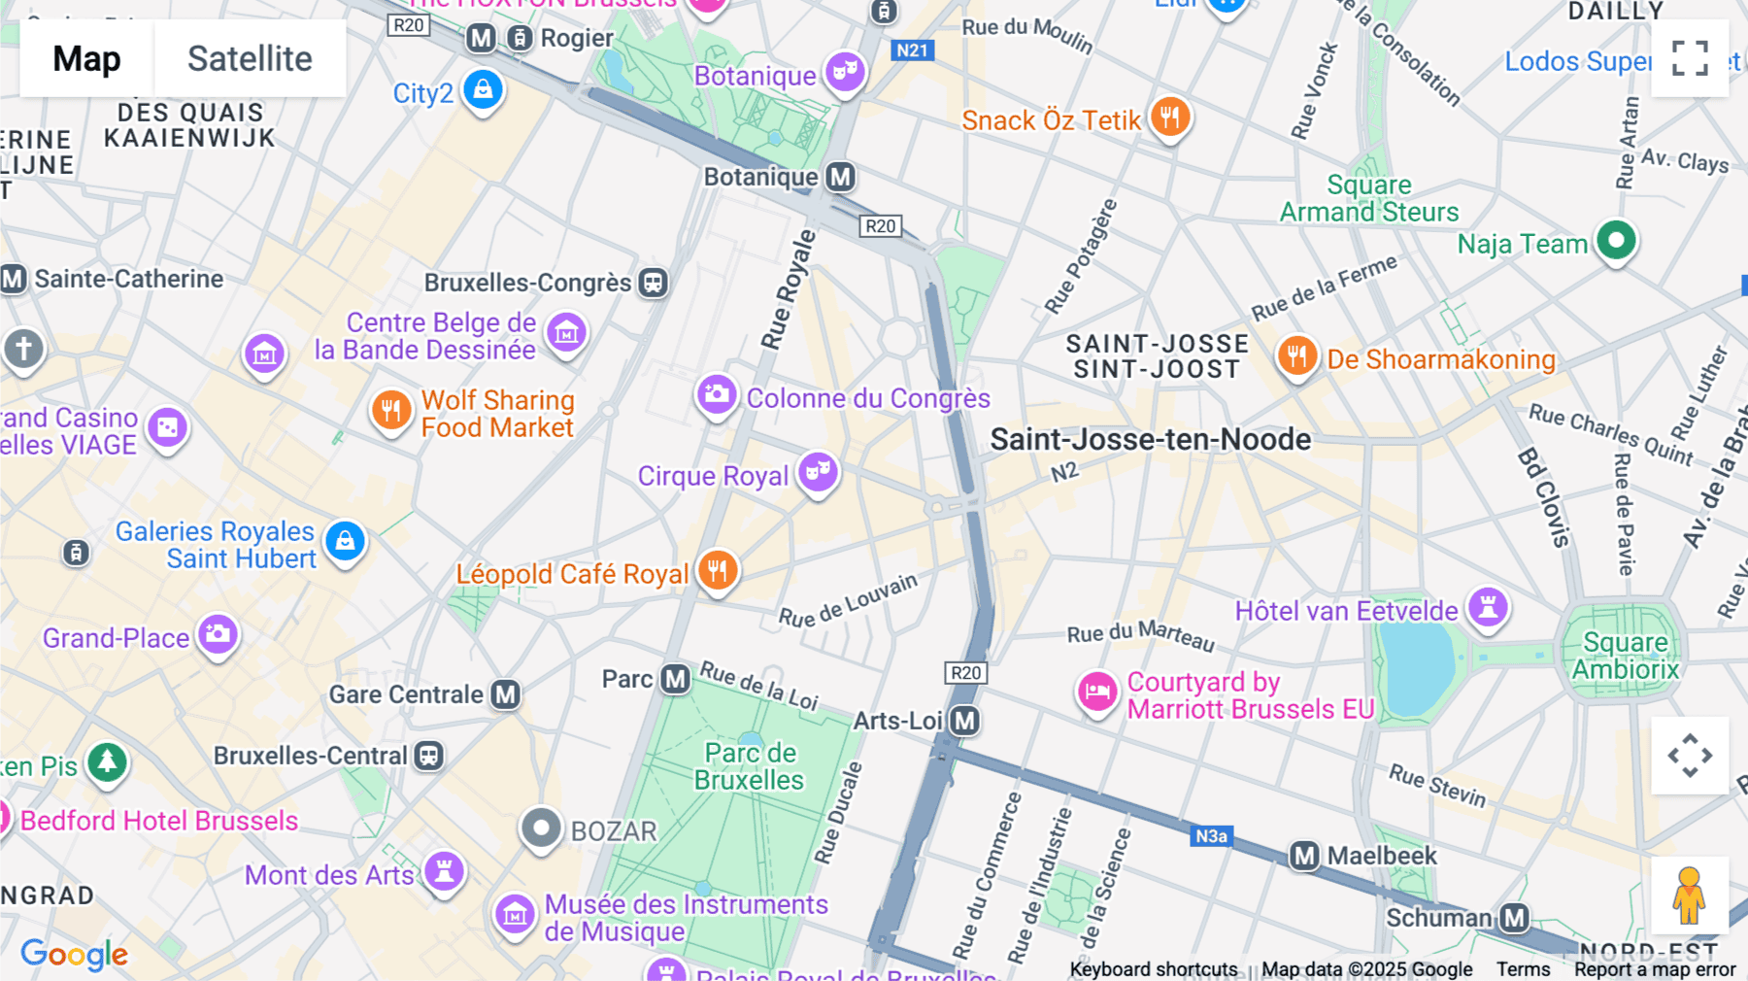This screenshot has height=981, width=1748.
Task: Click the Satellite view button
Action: click(250, 58)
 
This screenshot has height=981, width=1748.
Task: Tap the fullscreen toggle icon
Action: click(1690, 58)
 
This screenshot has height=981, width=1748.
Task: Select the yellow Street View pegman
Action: click(1689, 896)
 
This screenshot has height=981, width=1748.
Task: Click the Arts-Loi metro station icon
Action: click(964, 721)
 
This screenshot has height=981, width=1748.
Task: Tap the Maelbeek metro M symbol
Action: click(1304, 856)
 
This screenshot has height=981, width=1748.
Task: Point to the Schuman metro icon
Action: click(1514, 918)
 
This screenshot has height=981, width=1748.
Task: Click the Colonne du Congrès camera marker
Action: click(717, 394)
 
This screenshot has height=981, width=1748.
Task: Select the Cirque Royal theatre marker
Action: click(818, 472)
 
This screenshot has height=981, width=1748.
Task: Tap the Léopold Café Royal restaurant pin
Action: click(718, 570)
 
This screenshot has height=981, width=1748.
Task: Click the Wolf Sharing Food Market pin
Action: click(390, 410)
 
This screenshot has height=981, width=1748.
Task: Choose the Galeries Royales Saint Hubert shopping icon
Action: click(345, 541)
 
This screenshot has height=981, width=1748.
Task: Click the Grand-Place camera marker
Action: click(218, 634)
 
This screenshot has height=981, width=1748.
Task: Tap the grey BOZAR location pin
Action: click(541, 829)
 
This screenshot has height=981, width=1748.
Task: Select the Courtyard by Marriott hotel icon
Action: click(1097, 692)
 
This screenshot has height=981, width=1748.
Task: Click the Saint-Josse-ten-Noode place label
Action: click(1150, 439)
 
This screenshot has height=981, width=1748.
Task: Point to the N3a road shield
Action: click(1211, 836)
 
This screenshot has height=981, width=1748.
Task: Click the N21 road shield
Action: click(912, 51)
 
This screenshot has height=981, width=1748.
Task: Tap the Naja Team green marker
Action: click(1616, 240)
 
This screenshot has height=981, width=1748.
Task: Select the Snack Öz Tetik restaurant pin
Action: click(1170, 117)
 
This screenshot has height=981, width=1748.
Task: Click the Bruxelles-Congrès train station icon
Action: click(654, 283)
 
